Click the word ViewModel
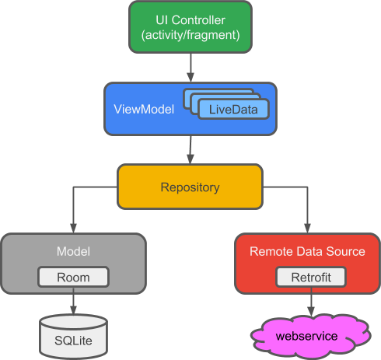[144, 108]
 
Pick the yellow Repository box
[190, 187]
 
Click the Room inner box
[74, 277]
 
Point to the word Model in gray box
[74, 252]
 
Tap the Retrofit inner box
[311, 277]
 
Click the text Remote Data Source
[307, 252]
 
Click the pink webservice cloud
[307, 336]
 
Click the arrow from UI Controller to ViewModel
[190, 68]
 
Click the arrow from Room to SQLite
[74, 300]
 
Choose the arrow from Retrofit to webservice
[311, 302]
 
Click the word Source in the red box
[347, 252]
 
